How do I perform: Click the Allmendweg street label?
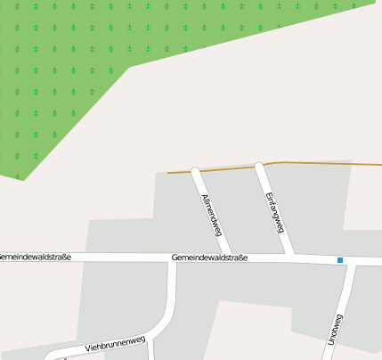click(x=212, y=216)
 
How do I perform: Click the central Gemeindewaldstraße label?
click(x=209, y=258)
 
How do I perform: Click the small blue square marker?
click(x=339, y=260)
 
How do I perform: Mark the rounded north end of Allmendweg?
click(x=196, y=171)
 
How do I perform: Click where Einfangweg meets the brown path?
click(x=259, y=165)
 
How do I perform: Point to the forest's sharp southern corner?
click(x=21, y=179)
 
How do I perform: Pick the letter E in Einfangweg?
click(x=266, y=193)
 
